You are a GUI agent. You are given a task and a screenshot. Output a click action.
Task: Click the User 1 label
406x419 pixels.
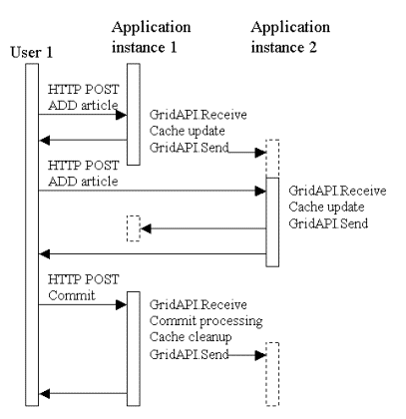pos(32,52)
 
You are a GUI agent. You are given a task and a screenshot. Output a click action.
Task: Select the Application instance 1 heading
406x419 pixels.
pos(151,37)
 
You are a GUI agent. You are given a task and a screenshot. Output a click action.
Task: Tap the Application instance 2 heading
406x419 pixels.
pos(290,37)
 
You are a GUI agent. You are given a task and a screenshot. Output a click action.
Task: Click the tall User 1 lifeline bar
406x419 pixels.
pos(32,234)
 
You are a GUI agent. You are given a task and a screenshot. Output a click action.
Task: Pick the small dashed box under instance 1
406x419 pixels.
pos(134,228)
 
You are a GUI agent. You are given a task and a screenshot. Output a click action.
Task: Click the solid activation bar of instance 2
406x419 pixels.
pos(272,222)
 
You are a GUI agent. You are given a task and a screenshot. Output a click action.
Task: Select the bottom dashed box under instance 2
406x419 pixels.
pos(272,374)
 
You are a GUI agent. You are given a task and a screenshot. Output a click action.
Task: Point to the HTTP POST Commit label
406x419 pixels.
pos(83,287)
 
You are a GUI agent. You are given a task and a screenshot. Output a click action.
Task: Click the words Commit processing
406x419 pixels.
pos(205,321)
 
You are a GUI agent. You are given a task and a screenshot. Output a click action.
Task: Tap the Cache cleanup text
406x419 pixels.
pos(191,337)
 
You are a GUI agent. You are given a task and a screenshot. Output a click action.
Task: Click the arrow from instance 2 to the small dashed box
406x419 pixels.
pos(203,228)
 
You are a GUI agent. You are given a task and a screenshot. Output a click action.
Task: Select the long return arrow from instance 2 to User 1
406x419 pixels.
pos(153,254)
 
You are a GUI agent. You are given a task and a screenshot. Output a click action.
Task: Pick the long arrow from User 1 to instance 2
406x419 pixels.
pos(153,191)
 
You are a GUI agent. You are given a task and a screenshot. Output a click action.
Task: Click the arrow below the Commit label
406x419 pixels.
pos(83,304)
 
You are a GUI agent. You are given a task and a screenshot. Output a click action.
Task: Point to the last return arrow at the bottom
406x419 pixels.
pos(83,394)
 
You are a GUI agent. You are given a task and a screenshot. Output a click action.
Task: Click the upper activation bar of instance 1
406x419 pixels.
pos(134,114)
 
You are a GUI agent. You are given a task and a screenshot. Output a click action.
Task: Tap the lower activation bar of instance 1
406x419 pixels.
pos(134,349)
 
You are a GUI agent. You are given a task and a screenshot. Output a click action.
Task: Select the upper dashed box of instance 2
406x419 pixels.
pos(272,159)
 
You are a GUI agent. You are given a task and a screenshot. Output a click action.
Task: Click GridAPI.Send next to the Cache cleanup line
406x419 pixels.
pos(190,354)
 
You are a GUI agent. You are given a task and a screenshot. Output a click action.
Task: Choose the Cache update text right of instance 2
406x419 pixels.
pos(326,207)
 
